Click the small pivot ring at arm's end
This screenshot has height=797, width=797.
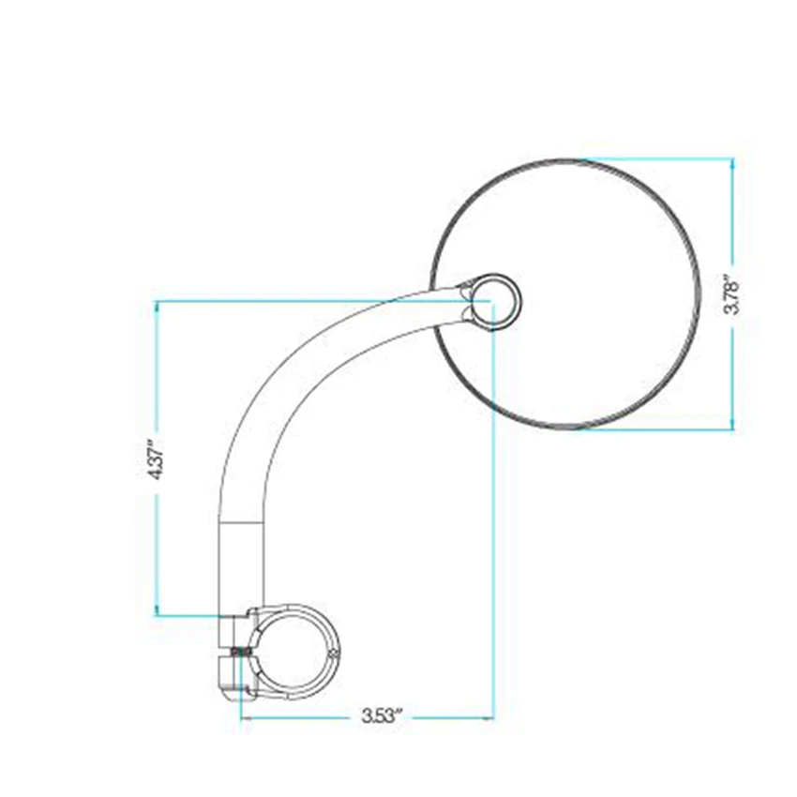(495, 301)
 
